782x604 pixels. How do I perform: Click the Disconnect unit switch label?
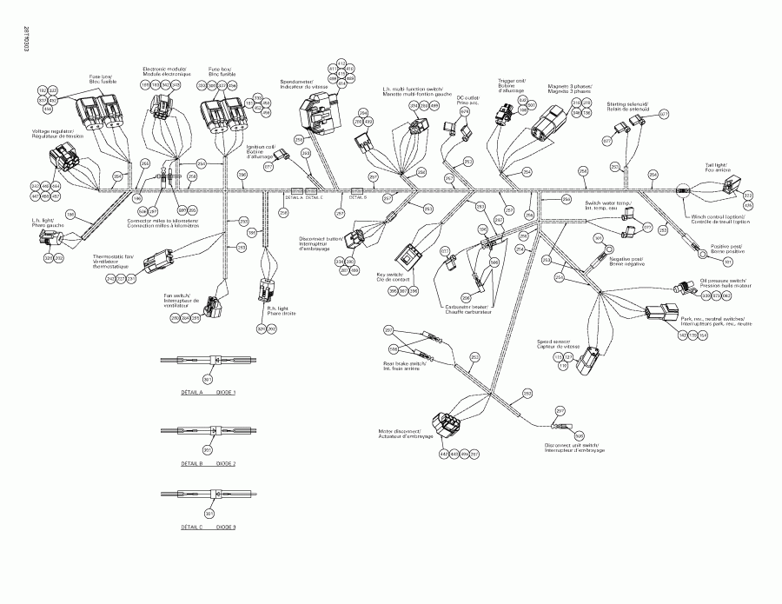pos(574,448)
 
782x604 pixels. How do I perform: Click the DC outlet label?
pos(468,101)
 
